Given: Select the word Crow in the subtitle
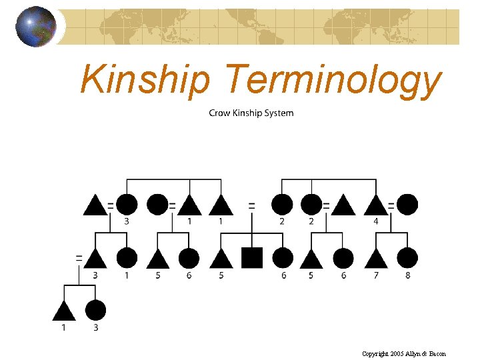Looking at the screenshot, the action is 220,113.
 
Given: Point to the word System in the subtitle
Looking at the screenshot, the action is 279,113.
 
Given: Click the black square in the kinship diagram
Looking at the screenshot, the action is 252,257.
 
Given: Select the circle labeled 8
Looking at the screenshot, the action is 407,257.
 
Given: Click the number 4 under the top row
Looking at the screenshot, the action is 376,221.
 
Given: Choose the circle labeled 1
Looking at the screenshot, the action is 127,257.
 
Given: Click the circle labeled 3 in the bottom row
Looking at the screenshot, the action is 95,310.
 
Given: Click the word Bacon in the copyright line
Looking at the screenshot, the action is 436,353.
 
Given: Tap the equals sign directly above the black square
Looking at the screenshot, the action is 252,205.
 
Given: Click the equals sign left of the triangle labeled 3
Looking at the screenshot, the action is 79,257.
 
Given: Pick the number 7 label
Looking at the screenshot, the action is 376,275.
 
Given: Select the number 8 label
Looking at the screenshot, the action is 408,275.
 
